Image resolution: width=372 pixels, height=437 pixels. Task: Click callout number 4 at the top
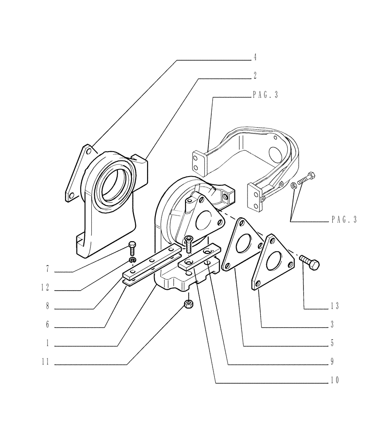[x=255, y=58]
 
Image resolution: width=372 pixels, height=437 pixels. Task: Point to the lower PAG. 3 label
[x=344, y=220]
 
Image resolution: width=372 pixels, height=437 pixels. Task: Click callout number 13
[x=334, y=306]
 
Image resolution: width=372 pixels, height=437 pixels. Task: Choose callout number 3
[x=332, y=325]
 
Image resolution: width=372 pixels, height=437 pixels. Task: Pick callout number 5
[x=332, y=343]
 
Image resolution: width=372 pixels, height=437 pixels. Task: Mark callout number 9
[x=332, y=362]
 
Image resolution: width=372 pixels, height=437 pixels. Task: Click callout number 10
[x=334, y=380]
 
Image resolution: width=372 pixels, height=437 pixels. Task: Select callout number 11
[x=46, y=362]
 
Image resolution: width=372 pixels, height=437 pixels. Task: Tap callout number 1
[x=47, y=343]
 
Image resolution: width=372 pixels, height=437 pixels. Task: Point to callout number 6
[x=47, y=325]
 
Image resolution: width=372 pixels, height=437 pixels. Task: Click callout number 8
[x=47, y=306]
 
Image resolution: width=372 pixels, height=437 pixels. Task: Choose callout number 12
[x=46, y=288]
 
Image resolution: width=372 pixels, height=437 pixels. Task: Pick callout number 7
[x=47, y=270]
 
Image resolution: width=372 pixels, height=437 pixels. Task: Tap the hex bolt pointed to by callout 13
[x=310, y=263]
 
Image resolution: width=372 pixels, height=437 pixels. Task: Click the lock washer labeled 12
[x=132, y=261]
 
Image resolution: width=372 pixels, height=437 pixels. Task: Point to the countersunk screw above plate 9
[x=189, y=244]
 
